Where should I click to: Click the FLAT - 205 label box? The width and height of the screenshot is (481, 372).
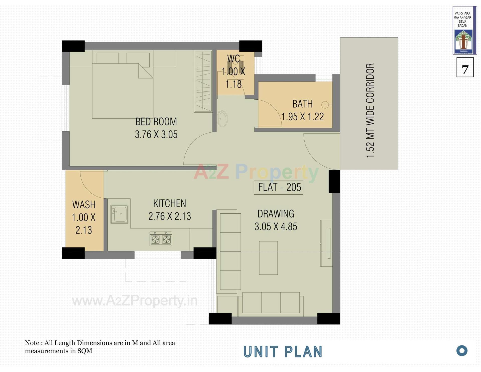tap(278, 187)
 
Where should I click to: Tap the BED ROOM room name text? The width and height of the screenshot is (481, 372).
tap(156, 122)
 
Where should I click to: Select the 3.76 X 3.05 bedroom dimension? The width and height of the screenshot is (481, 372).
tap(156, 135)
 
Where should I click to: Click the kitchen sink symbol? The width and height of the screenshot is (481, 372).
tap(119, 214)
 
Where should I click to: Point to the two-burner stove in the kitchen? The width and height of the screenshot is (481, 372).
tap(161, 239)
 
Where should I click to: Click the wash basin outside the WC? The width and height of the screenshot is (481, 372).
tap(222, 118)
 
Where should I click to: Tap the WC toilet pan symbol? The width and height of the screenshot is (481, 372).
tap(235, 67)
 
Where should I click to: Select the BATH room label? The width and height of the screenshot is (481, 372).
tap(302, 104)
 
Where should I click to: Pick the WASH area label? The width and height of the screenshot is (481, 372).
tap(84, 205)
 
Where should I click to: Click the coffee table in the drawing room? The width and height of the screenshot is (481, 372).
tap(268, 258)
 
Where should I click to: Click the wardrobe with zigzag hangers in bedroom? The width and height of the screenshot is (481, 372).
tap(203, 81)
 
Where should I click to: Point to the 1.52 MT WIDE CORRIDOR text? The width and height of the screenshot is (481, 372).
tap(370, 111)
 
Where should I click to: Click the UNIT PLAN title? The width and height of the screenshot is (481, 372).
tap(283, 352)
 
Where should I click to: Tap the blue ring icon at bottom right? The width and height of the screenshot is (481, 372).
tap(462, 351)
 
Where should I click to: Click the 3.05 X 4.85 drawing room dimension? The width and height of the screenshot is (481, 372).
tap(276, 227)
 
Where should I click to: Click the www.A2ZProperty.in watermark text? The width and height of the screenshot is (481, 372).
tap(135, 301)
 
